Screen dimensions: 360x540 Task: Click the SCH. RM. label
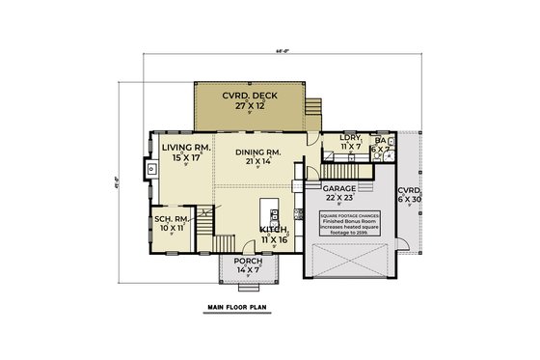click(170, 219)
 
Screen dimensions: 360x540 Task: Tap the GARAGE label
click(339, 188)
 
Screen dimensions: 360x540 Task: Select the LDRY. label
click(350, 140)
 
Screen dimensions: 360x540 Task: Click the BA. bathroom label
click(380, 141)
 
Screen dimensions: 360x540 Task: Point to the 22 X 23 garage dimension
click(339, 198)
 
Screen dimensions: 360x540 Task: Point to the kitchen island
click(267, 213)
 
